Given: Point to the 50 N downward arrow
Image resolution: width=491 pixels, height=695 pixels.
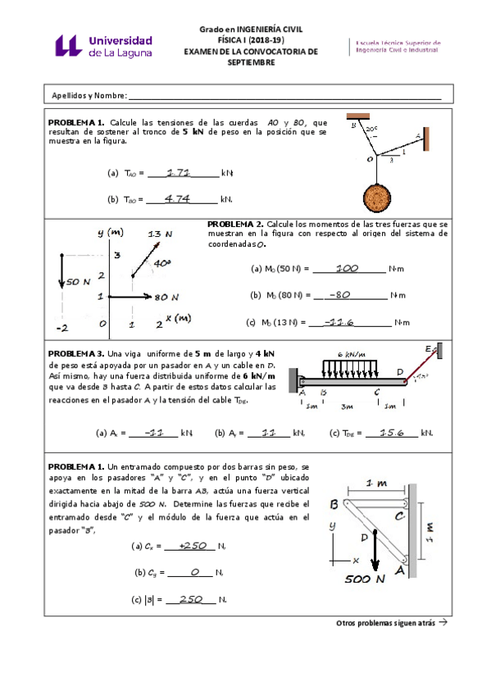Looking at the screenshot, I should click(61, 271).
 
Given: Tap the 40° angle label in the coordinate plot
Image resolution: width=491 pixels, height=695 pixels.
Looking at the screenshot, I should click(162, 262).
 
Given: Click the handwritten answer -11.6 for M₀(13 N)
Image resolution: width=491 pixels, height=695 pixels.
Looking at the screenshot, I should click(338, 321).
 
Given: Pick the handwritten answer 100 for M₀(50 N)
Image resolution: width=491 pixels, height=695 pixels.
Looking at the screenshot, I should click(347, 267).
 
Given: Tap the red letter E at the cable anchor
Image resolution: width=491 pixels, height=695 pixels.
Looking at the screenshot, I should click(428, 348).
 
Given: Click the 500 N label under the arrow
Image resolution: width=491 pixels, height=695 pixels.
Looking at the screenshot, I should click(366, 579).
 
